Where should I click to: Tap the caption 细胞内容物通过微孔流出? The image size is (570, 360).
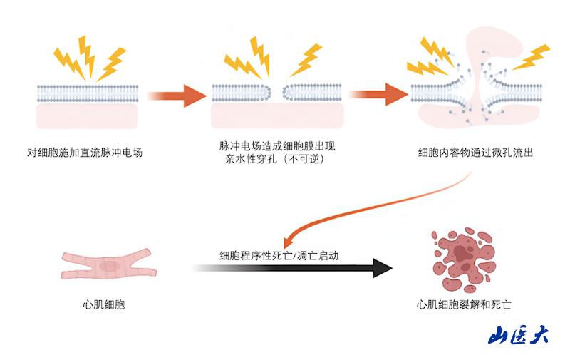tap(476, 152)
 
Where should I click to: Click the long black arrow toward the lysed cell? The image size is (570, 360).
tap(292, 268)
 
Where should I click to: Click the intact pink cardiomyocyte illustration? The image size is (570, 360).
tap(108, 265)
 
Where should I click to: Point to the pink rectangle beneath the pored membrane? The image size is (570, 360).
tap(277, 115)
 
